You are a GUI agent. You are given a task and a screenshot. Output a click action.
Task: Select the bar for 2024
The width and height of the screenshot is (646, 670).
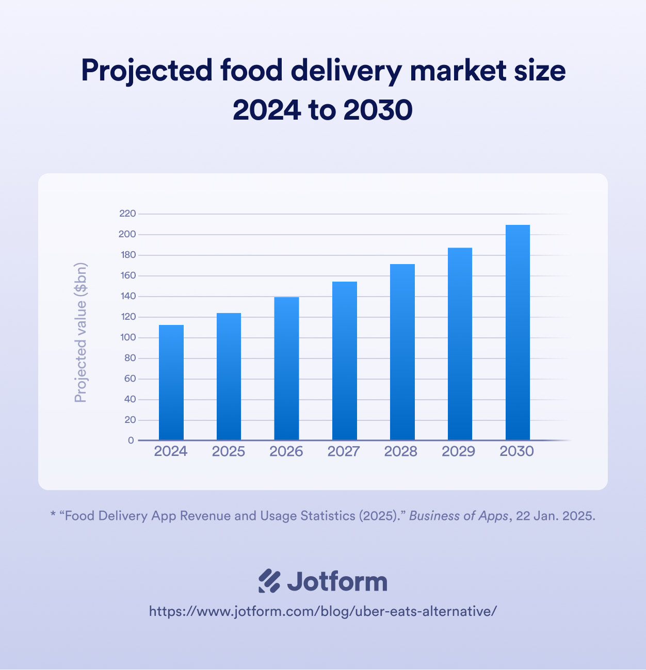click(x=171, y=382)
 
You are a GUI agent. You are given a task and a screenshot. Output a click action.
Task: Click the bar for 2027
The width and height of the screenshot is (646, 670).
click(x=345, y=361)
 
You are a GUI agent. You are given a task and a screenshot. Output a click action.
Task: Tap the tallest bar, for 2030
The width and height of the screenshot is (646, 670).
click(x=518, y=332)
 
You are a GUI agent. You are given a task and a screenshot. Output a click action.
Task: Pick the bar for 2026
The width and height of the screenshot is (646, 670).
click(x=286, y=368)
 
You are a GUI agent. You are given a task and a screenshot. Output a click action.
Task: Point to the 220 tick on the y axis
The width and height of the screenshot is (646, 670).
click(x=127, y=214)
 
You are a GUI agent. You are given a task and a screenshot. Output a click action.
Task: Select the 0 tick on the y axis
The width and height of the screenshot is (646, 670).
click(x=131, y=440)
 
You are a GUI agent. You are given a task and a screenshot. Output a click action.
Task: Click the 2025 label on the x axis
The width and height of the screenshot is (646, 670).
click(x=229, y=451)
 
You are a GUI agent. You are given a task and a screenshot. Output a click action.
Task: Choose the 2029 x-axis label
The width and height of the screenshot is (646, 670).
click(x=458, y=451)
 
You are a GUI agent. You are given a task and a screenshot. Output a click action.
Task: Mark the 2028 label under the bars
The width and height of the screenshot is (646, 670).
click(x=401, y=451)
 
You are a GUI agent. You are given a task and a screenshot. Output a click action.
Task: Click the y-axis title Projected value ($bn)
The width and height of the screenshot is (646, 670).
click(x=81, y=333)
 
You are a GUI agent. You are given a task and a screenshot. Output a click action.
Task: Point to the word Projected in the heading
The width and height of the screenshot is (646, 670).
click(x=147, y=71)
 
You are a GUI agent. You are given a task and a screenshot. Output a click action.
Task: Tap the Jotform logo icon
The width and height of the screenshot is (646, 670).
click(x=269, y=581)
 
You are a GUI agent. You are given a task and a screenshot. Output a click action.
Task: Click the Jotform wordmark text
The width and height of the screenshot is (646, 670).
click(x=337, y=581)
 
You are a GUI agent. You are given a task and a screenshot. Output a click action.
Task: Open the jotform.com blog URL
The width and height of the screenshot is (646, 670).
click(x=323, y=611)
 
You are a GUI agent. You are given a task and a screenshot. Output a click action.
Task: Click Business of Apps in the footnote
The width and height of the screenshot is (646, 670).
click(x=458, y=516)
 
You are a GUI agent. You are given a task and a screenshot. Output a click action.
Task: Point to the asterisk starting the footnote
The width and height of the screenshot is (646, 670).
click(x=53, y=515)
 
